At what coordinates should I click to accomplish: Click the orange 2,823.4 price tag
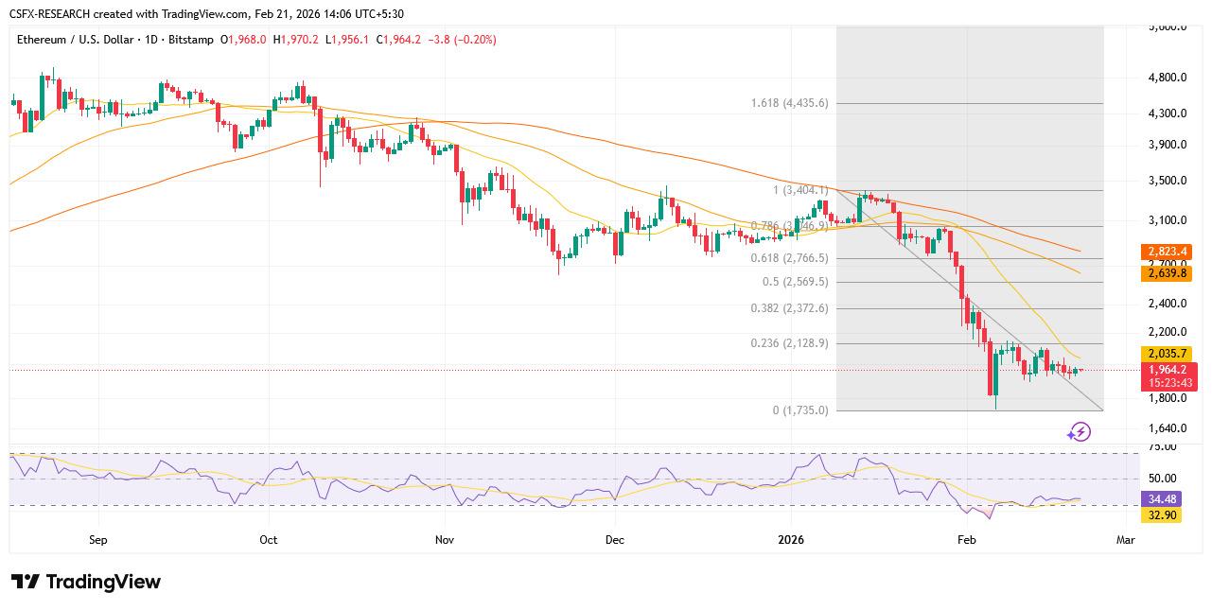(x=1168, y=252)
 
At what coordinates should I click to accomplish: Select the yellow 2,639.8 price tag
(x=1168, y=272)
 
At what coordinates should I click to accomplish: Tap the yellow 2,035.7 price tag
(x=1168, y=354)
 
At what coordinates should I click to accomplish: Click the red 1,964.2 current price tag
(x=1170, y=370)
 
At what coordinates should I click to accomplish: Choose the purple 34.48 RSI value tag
(x=1162, y=498)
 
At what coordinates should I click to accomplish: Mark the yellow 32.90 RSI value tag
(x=1162, y=515)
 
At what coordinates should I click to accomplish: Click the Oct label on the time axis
(x=268, y=540)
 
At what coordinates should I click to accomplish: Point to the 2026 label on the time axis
(x=790, y=540)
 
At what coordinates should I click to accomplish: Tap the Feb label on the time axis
(x=966, y=540)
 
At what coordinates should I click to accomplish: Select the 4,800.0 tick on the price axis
(x=1167, y=78)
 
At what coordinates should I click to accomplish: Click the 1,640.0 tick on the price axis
(x=1167, y=428)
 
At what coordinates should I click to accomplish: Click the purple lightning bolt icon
(x=1079, y=432)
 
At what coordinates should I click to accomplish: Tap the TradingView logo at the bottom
(x=86, y=582)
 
